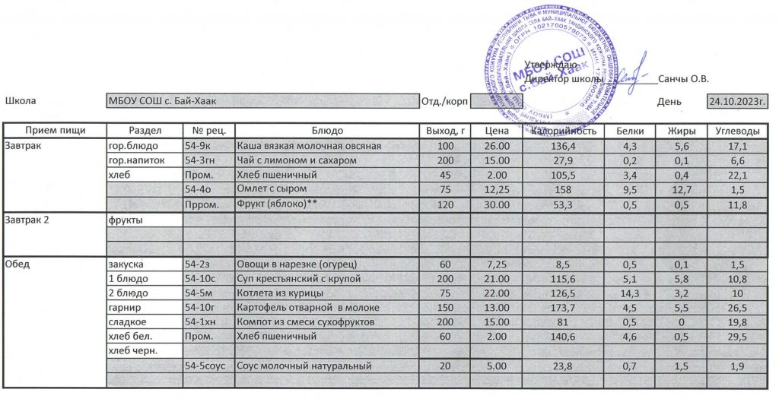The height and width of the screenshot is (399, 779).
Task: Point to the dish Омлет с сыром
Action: [272, 188]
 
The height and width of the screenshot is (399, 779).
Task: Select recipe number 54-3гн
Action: [202, 160]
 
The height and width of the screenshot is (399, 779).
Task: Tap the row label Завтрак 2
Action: [28, 220]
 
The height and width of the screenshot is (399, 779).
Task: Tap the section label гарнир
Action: [125, 308]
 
